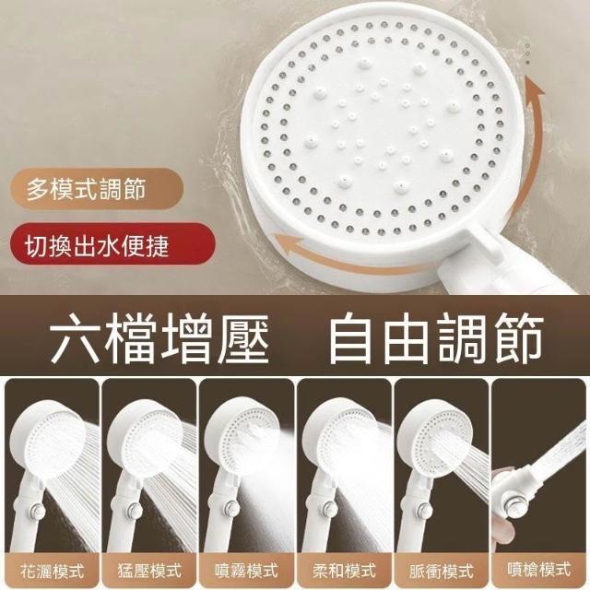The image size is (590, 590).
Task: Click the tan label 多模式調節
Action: (86, 188)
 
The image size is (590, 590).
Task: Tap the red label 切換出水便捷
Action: (97, 245)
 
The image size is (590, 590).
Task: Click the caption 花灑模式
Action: (52, 571)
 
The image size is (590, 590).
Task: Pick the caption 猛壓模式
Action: (149, 571)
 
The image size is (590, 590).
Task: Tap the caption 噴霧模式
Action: (246, 571)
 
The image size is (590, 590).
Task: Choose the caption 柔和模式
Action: (344, 571)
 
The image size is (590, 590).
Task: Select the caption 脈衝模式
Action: (441, 571)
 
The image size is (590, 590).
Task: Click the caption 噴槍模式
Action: (538, 569)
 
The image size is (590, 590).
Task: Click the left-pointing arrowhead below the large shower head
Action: (287, 245)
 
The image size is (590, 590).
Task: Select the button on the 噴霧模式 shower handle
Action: (230, 510)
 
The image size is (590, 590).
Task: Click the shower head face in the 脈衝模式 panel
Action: (441, 436)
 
